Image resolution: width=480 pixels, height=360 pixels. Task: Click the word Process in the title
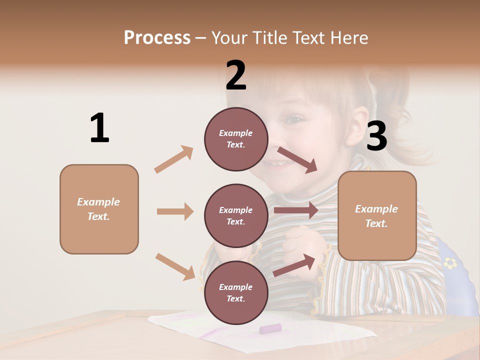click(157, 37)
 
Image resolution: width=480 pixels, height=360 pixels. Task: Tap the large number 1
click(99, 128)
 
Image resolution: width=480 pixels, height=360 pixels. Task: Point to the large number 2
click(236, 75)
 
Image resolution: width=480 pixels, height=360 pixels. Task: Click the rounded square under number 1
click(99, 209)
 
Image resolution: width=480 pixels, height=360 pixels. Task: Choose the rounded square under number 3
click(377, 215)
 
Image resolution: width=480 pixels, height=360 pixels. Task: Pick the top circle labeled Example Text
click(236, 139)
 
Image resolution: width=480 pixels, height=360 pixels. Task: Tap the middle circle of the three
click(236, 215)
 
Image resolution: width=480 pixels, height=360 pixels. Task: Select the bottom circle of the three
click(236, 292)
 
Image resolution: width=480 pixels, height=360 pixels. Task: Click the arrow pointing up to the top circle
click(174, 159)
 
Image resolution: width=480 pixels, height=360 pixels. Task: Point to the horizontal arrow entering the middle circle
click(175, 211)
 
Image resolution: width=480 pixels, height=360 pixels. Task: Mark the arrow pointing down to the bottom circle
click(175, 266)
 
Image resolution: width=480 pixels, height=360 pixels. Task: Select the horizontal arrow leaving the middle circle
click(296, 210)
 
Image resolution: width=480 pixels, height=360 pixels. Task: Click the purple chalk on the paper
click(270, 328)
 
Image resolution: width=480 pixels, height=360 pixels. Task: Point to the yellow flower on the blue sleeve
click(450, 262)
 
